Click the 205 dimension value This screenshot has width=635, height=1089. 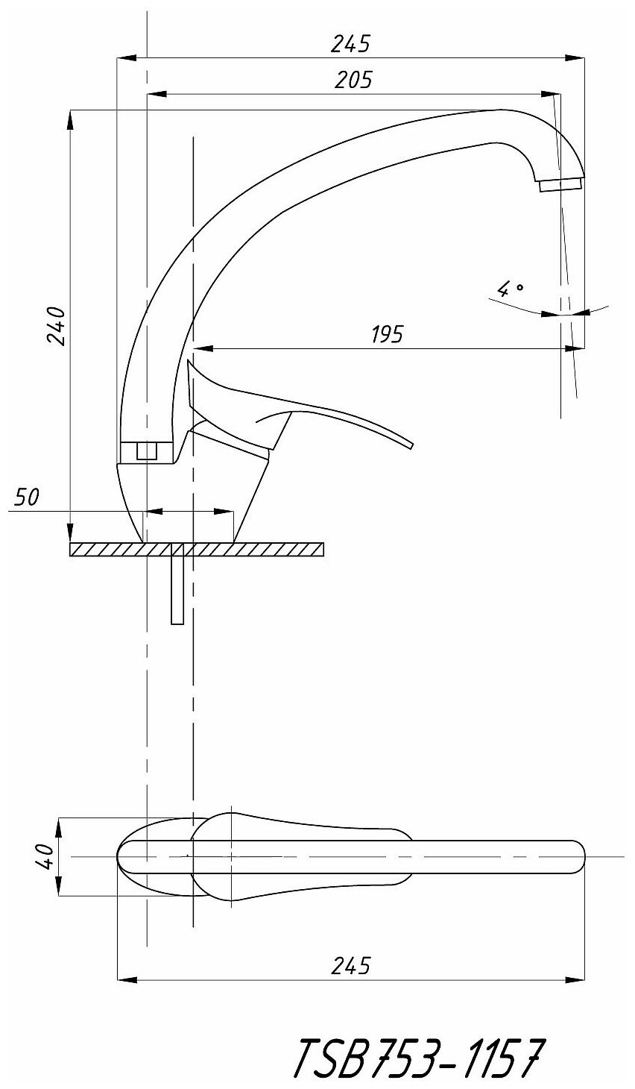coord(353,79)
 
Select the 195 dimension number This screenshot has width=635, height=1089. coord(387,333)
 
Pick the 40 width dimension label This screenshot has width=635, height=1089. coord(43,856)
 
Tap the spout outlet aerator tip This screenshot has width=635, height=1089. coord(560,183)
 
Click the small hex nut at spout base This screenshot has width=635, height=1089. coord(147,451)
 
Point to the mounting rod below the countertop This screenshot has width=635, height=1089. coord(177,589)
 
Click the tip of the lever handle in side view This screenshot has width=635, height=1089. coord(411,446)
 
